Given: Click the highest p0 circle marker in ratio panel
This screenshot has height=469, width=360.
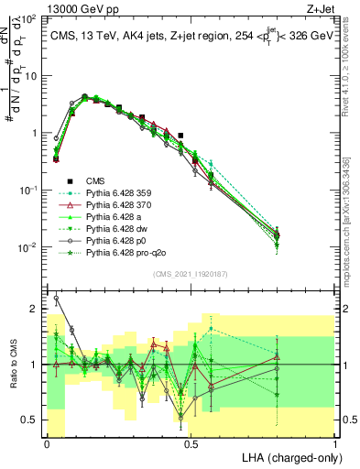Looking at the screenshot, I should pos(56,298).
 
